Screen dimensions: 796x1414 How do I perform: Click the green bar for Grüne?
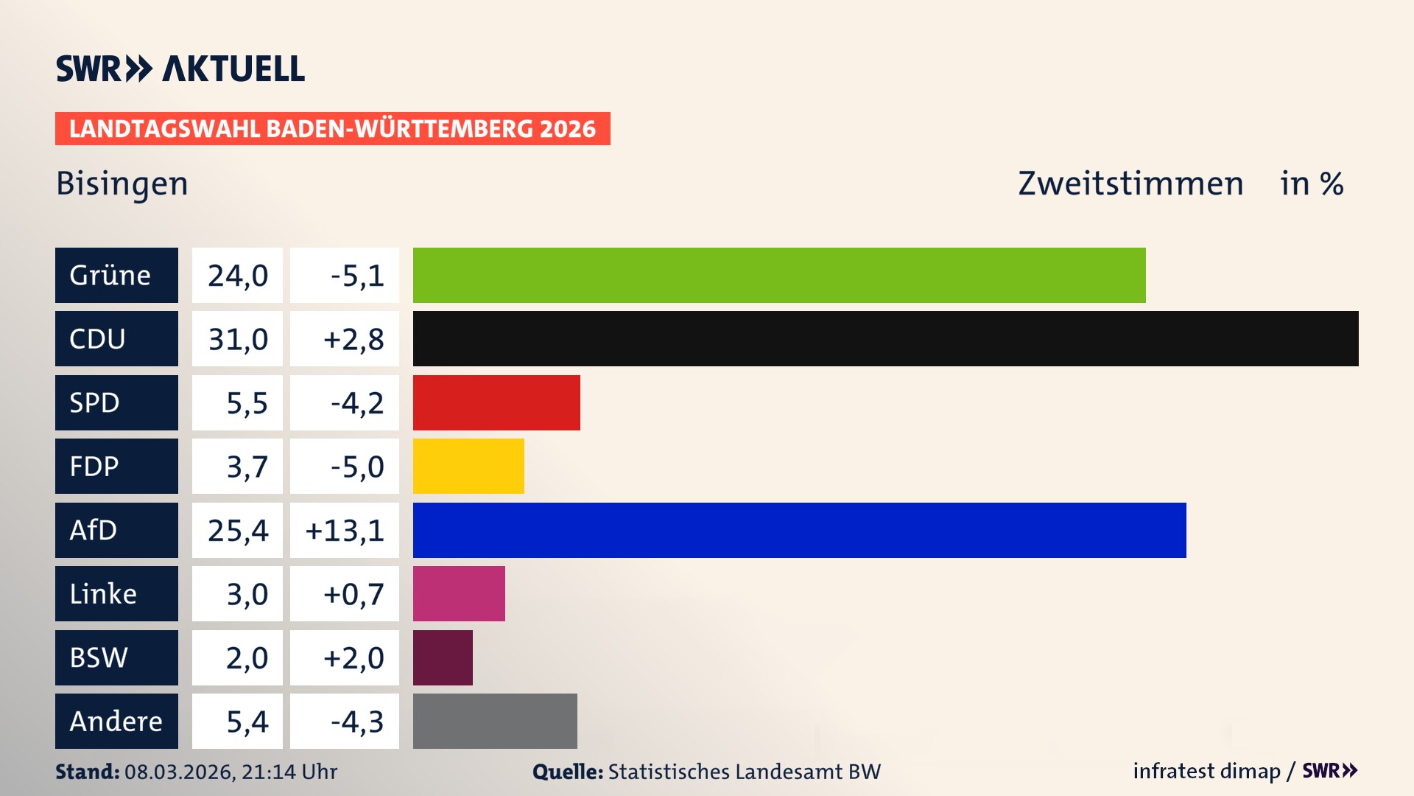pyautogui.click(x=779, y=275)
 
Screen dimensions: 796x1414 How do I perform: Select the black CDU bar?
pyautogui.click(x=885, y=338)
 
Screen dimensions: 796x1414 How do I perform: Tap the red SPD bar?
pyautogui.click(x=496, y=402)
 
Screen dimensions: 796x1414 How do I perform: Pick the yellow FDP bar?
pyautogui.click(x=468, y=466)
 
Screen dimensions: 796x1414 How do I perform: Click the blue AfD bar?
pyautogui.click(x=799, y=530)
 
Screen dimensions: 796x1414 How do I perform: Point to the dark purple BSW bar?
pyautogui.click(x=443, y=657)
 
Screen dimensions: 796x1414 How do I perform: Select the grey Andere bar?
pyautogui.click(x=495, y=721)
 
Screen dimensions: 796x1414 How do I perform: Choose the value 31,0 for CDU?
pyautogui.click(x=237, y=339)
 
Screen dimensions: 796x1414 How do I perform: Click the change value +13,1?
pyautogui.click(x=345, y=530)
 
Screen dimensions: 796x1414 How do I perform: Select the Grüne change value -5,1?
pyautogui.click(x=356, y=276)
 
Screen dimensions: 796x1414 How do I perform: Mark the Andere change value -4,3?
pyautogui.click(x=356, y=722)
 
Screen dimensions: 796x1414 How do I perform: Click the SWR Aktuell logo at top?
pyautogui.click(x=180, y=69)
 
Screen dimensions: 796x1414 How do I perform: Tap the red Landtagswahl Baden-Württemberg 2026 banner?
pyautogui.click(x=332, y=129)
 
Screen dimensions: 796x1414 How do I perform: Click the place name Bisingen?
pyautogui.click(x=122, y=184)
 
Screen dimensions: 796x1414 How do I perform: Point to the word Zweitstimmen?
pyautogui.click(x=1130, y=184)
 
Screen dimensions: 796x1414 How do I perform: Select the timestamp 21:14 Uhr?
pyautogui.click(x=289, y=772)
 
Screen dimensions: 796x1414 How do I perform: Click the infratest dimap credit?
pyautogui.click(x=1206, y=771)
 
